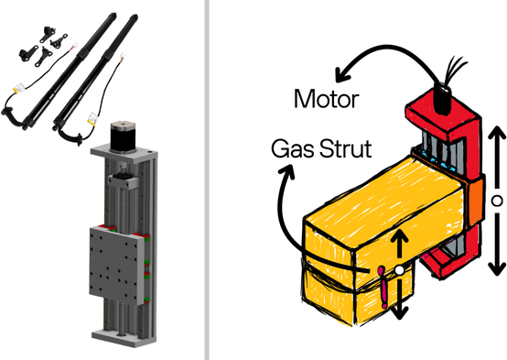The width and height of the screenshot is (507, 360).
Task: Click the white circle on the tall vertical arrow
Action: (x=495, y=199)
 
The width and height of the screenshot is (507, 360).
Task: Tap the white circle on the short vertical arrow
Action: (x=399, y=270)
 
